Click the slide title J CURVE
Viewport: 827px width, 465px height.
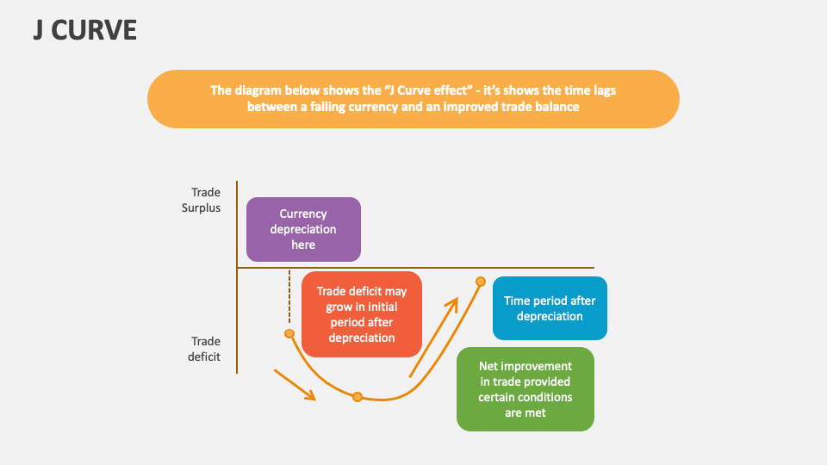click(x=84, y=30)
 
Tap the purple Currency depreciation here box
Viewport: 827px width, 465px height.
click(x=303, y=229)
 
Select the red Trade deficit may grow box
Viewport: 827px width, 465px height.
click(x=362, y=314)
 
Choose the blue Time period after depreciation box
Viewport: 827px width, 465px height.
click(x=550, y=308)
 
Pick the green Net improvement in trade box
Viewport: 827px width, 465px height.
click(x=525, y=389)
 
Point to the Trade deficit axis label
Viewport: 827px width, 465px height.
click(x=206, y=349)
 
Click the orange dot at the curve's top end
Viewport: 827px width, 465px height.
click(x=481, y=282)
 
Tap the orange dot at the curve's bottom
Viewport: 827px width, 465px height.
click(x=357, y=397)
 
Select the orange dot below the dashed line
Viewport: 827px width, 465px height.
click(x=289, y=333)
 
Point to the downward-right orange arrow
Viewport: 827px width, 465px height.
click(x=295, y=384)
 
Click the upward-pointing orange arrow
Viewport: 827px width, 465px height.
click(x=433, y=338)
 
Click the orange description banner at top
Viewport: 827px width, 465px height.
click(x=413, y=99)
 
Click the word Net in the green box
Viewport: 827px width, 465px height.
click(x=488, y=366)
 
